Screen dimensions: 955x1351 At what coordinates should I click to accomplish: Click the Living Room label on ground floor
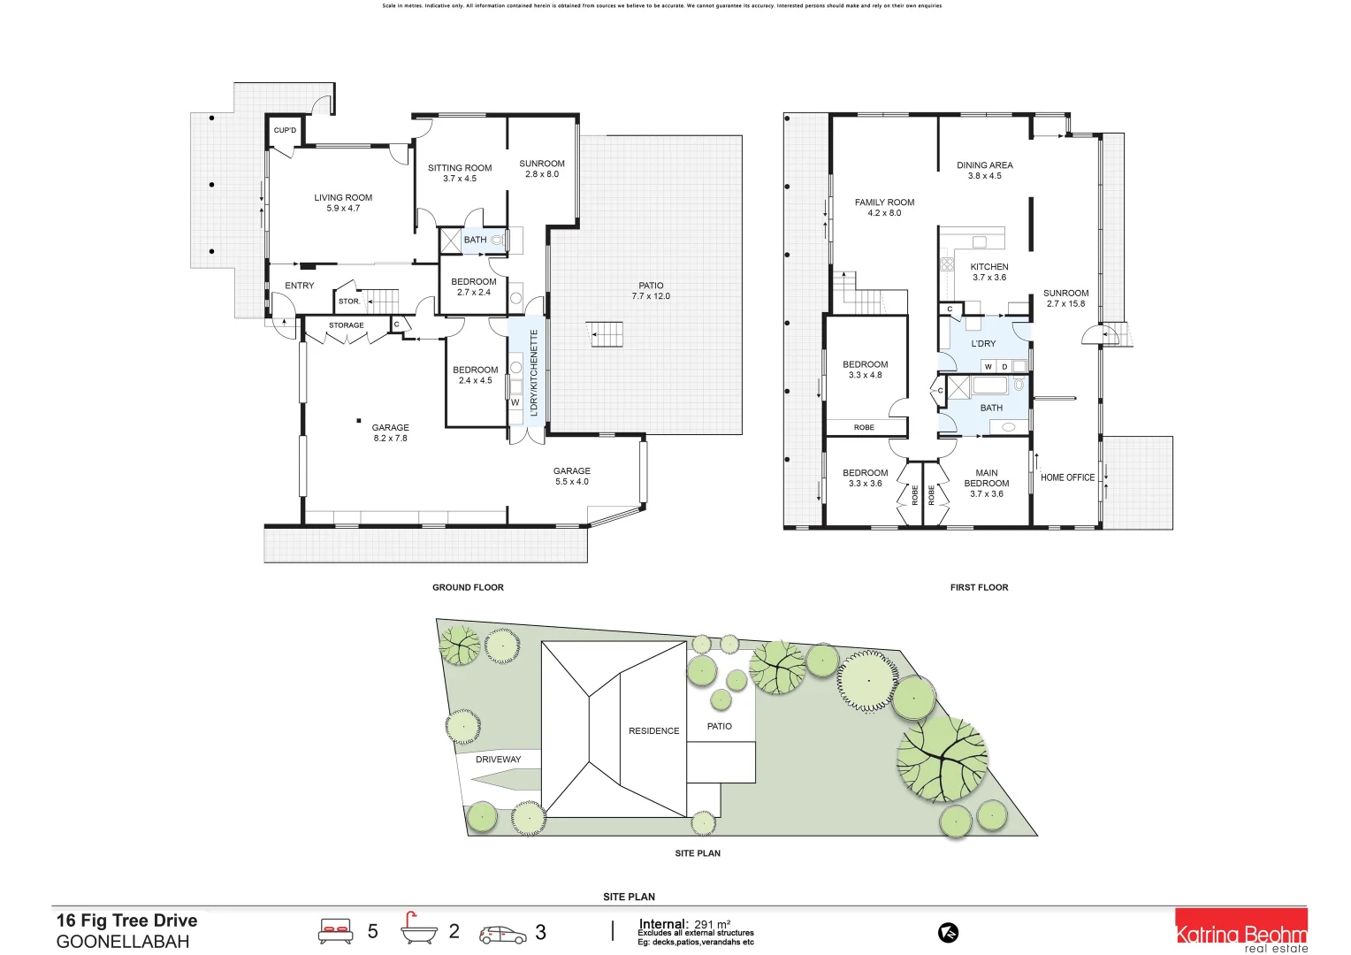click(343, 202)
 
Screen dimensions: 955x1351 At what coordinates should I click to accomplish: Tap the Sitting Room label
click(460, 172)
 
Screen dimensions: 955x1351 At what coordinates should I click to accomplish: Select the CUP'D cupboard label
click(285, 131)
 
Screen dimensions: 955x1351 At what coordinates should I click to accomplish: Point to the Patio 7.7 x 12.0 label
click(651, 291)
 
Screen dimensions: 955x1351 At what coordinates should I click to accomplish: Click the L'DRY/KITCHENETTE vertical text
click(534, 373)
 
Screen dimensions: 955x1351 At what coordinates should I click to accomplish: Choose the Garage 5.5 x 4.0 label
click(572, 476)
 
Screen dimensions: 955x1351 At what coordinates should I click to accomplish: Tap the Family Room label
click(884, 207)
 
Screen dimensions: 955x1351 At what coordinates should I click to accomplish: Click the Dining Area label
click(984, 170)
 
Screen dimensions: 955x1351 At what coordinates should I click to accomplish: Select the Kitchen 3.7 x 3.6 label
click(989, 271)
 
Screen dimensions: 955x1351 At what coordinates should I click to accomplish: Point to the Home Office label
click(1067, 477)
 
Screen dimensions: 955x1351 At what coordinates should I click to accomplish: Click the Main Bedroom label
click(987, 483)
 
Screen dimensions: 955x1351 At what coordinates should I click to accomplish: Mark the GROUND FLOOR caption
click(468, 587)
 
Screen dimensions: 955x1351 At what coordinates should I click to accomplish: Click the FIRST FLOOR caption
click(979, 587)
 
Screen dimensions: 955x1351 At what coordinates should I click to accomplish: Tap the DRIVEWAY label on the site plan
click(498, 760)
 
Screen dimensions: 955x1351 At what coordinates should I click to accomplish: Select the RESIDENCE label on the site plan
click(653, 731)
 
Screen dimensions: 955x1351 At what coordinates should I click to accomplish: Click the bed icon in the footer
click(335, 930)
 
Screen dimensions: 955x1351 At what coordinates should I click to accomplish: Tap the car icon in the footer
click(502, 934)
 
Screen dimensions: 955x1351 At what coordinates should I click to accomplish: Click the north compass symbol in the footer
click(949, 932)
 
